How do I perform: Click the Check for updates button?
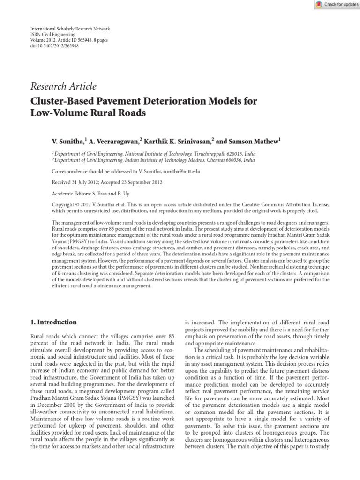coord(337,4)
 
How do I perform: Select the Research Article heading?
coord(63,86)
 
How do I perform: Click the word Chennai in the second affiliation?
coord(212,159)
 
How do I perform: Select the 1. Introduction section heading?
coord(53,322)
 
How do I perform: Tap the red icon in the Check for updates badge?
coord(320,4)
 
